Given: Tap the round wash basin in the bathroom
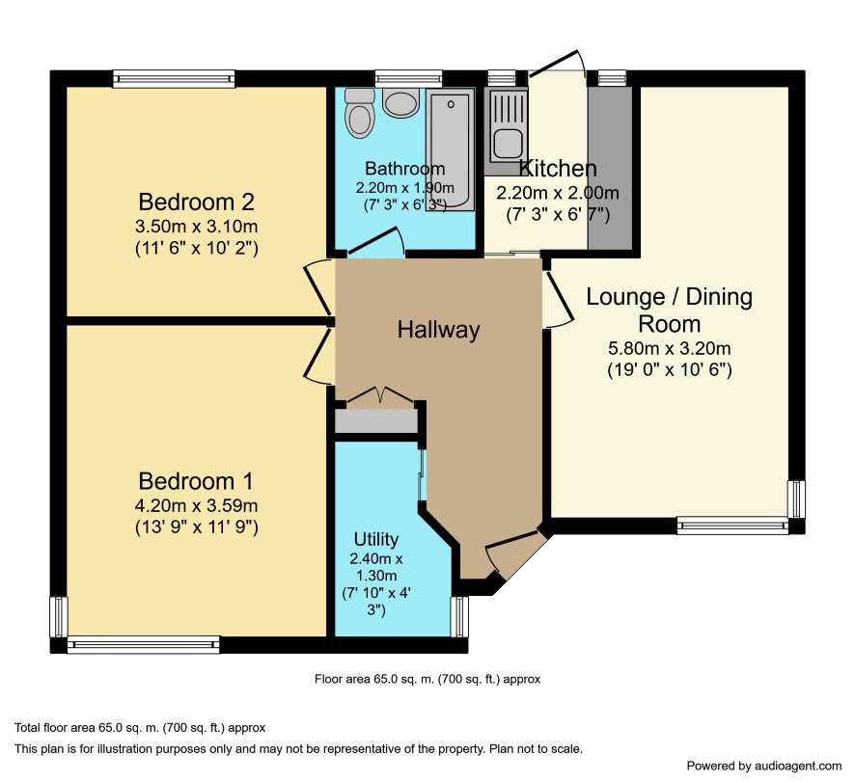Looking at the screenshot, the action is coord(400,102).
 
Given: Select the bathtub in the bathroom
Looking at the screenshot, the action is coord(450,149).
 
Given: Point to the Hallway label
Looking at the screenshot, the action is coord(438,330).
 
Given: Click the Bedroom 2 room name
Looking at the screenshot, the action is coord(196,202).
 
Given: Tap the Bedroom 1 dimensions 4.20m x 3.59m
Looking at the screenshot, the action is coord(196,505).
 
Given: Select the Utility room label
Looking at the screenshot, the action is coord(376,539).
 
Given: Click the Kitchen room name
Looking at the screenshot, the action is coord(557,169).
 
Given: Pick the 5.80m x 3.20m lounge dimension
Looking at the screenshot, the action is coord(670,348).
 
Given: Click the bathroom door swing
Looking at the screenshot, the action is coord(376,241).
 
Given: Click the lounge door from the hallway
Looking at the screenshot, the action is coord(559,299).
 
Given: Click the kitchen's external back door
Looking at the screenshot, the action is coord(557,64).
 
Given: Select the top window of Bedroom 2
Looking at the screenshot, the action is coord(174,79).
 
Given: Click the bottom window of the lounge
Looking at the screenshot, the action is coord(732,525).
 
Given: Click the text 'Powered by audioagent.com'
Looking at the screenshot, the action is coord(764,766).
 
